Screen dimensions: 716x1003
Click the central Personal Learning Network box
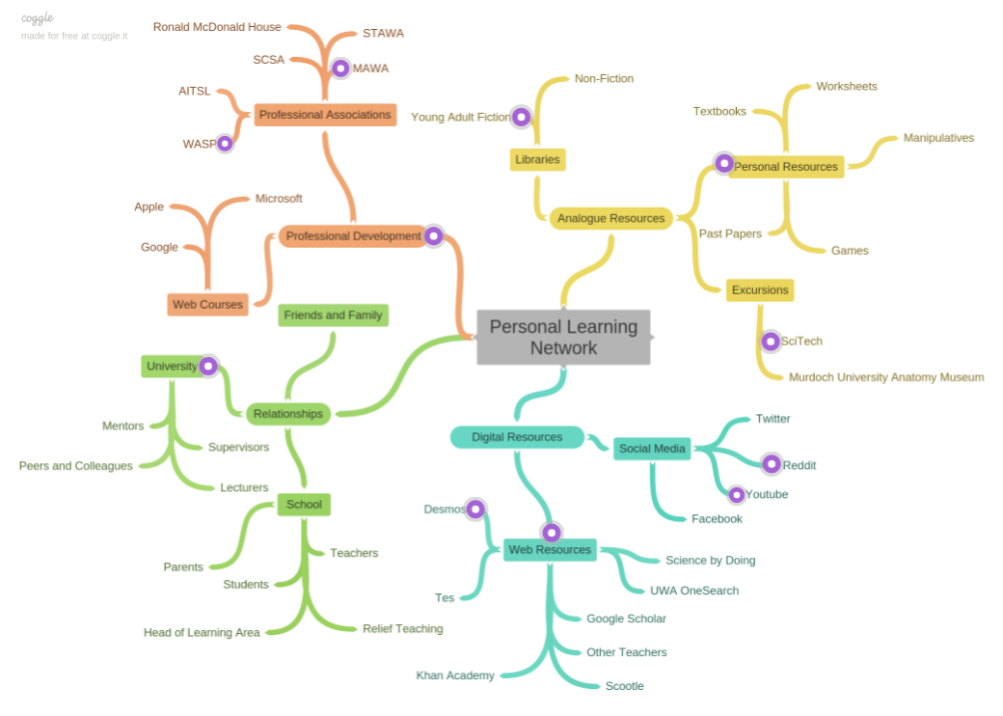563,337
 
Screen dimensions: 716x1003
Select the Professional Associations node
325,115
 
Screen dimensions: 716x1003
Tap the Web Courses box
207,304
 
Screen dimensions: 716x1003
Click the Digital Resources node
517,437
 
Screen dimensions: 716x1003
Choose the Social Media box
652,448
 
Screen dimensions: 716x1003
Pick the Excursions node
760,289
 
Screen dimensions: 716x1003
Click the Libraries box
537,159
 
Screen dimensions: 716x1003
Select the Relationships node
288,414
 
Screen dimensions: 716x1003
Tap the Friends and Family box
333,315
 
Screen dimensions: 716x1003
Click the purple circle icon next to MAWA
340,69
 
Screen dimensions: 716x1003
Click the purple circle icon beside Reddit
772,464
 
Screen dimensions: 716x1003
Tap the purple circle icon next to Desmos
475,509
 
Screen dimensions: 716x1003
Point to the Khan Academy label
455,675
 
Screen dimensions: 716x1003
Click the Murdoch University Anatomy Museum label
885,377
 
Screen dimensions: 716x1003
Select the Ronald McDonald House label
217,27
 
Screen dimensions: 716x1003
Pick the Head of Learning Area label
202,633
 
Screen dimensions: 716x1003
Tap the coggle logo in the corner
38,17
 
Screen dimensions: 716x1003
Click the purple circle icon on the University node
207,367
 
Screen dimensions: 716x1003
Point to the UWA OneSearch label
694,591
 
